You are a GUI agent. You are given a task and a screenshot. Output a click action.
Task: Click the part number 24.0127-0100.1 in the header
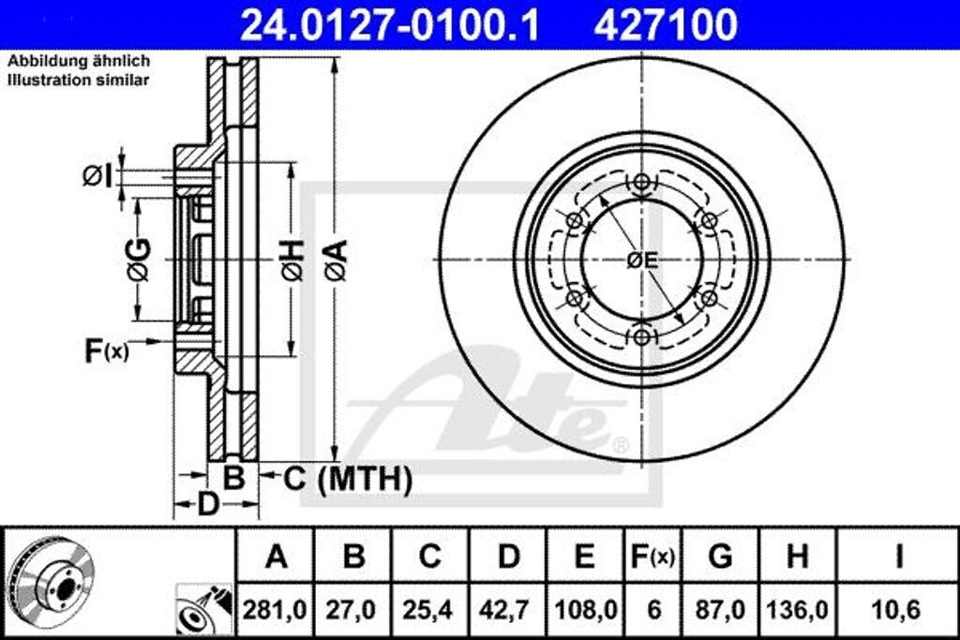(390, 24)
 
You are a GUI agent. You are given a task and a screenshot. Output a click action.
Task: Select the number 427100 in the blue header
(666, 24)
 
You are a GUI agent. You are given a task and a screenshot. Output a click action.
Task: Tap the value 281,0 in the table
(276, 610)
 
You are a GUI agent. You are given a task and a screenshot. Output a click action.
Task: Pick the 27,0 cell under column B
(353, 610)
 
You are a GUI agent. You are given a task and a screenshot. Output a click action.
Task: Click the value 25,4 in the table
(430, 610)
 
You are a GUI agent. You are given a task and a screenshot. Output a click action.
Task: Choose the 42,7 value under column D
(508, 610)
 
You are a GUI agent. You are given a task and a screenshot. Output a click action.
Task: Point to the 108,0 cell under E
(584, 610)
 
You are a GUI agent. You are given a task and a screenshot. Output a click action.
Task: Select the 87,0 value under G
(720, 610)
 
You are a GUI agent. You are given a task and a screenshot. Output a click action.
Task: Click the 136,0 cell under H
(797, 610)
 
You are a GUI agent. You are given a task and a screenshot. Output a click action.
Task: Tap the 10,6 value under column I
(898, 610)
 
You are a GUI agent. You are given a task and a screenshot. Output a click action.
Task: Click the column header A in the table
(276, 557)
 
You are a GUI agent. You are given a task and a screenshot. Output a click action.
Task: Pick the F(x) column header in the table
(652, 557)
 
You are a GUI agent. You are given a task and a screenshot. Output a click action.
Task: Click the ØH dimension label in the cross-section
(292, 260)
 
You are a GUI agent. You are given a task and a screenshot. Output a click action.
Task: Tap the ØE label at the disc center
(643, 260)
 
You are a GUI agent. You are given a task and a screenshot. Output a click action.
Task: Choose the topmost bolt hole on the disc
(642, 183)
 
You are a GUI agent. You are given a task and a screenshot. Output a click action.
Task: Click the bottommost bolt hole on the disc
(642, 336)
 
